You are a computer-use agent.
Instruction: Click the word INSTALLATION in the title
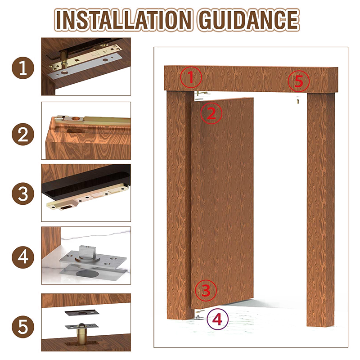[x=124, y=20]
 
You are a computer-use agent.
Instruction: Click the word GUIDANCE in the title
[x=249, y=20]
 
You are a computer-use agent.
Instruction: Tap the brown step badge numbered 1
[x=23, y=68]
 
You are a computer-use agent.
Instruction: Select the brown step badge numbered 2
[x=23, y=134]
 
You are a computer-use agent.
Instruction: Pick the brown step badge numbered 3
[x=23, y=193]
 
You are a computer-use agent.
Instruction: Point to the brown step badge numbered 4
[x=23, y=257]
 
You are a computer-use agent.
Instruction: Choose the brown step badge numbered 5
[x=23, y=327]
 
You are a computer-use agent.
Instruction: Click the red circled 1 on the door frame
[x=191, y=77]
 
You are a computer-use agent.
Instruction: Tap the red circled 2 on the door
[x=211, y=113]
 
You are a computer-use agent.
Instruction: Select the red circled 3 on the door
[x=206, y=290]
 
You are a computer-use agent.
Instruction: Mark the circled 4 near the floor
[x=218, y=319]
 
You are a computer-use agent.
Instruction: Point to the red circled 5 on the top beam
[x=299, y=81]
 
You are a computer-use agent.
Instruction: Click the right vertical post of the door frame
[x=321, y=209]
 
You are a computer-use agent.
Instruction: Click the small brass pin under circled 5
[x=298, y=100]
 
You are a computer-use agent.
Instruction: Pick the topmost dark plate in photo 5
[x=82, y=313]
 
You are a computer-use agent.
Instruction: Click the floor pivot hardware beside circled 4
[x=198, y=315]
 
